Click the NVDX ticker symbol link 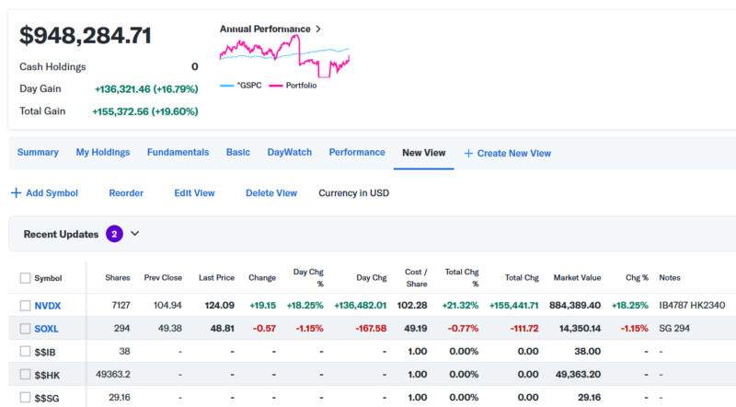49,305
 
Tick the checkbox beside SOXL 25,328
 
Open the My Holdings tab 102,152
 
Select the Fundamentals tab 178,152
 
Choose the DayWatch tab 289,152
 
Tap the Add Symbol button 44,193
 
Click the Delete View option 270,193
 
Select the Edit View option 194,193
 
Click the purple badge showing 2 114,234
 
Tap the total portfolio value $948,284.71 86,35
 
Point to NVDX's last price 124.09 216,305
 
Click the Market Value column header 577,277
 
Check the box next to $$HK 25,374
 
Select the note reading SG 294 677,328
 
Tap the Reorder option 126,193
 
